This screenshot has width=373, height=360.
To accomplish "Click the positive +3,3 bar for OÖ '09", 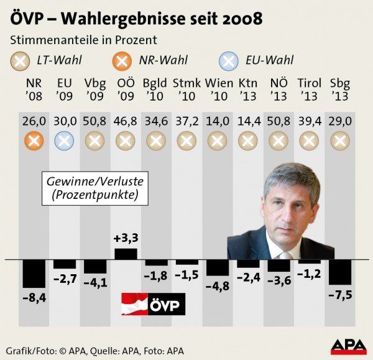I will point(126,254).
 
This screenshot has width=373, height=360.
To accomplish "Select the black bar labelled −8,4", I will point(34,273).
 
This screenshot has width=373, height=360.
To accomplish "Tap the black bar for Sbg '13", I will point(340,272).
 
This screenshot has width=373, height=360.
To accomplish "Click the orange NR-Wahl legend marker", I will point(123,61).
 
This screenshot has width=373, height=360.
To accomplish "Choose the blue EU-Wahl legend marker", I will point(229,61).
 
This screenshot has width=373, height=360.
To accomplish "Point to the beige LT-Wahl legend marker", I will point(20,61).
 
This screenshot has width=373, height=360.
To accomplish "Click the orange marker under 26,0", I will point(34,141).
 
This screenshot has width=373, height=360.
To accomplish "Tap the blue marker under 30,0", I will point(65,141).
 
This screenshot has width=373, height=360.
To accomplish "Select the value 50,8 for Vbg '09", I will point(95,122).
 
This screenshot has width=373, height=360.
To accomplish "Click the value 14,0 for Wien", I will point(217,122).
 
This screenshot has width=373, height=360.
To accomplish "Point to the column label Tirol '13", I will point(310,90).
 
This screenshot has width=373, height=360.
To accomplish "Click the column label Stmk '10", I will point(186,90).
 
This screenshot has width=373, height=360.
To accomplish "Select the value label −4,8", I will point(217,286).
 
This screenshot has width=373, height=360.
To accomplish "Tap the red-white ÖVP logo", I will point(152,305).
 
